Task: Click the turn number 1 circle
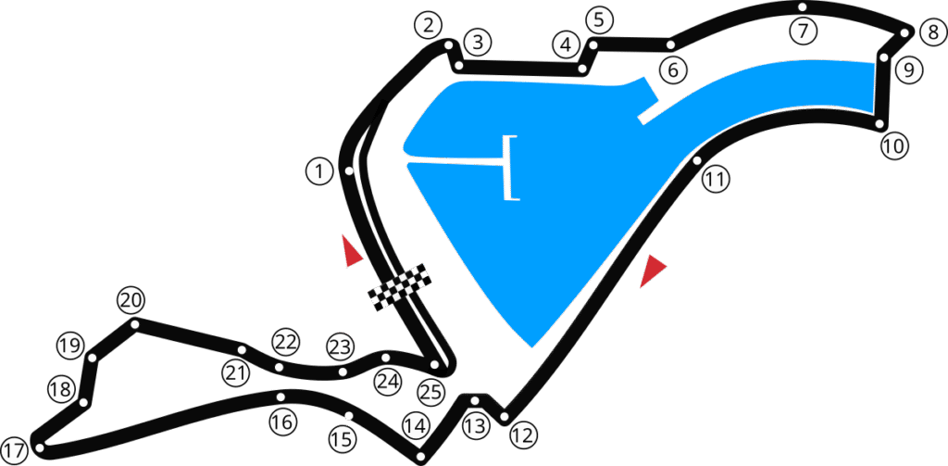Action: [x=318, y=171]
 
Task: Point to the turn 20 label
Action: [x=131, y=300]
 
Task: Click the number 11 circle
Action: [x=715, y=180]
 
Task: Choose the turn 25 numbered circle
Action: [x=430, y=391]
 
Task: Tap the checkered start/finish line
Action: [x=401, y=287]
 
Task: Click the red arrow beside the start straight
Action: [x=351, y=252]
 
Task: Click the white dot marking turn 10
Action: [x=879, y=122]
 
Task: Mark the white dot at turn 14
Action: [x=420, y=456]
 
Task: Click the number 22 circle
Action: [x=285, y=342]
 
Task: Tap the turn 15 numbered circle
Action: [x=342, y=439]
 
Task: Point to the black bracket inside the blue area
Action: [x=510, y=168]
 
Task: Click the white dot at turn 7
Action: [x=802, y=7]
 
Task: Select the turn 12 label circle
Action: [x=523, y=434]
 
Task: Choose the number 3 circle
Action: [x=477, y=43]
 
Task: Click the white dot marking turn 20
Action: [x=135, y=324]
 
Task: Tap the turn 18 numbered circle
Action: [x=61, y=389]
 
